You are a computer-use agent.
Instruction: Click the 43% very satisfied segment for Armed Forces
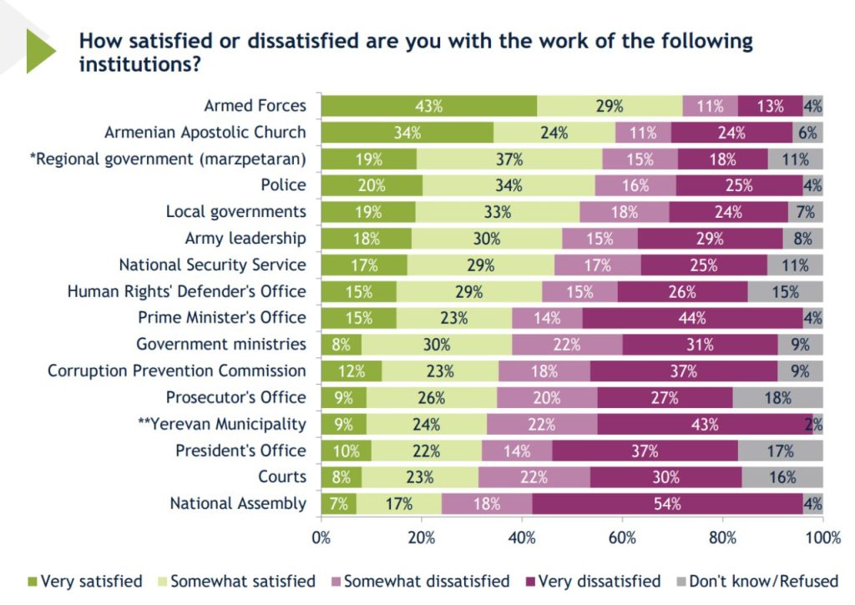(429, 106)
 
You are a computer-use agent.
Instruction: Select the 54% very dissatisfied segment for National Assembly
(667, 504)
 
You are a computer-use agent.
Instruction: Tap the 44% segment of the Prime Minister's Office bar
(692, 318)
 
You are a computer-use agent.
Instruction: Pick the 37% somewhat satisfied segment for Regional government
(509, 159)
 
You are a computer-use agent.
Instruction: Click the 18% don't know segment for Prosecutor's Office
(777, 398)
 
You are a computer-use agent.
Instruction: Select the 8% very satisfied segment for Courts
(341, 477)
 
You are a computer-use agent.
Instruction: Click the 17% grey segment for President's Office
(781, 451)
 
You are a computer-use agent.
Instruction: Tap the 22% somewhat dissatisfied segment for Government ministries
(567, 345)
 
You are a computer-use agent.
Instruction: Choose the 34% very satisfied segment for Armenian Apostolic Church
(407, 133)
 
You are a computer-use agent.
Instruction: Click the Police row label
(283, 184)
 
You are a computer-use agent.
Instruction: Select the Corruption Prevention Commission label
(177, 371)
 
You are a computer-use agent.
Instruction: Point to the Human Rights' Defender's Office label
(186, 291)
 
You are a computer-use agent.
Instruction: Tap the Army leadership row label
(245, 238)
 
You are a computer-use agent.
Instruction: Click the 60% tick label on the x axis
(622, 538)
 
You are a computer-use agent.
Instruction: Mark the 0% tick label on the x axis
(321, 538)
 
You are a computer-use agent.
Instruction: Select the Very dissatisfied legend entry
(593, 581)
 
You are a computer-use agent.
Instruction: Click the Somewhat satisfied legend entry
(236, 581)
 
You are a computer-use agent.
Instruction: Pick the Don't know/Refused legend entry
(757, 581)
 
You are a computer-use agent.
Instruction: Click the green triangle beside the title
(40, 51)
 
